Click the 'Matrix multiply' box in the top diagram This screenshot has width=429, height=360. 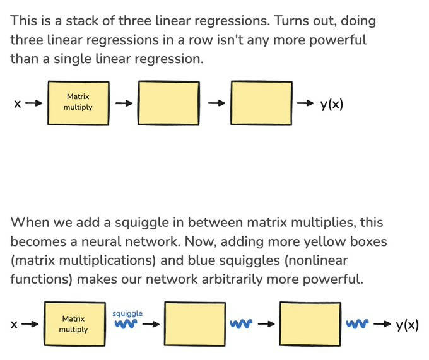[x=78, y=103]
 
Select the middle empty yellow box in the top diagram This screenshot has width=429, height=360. [x=168, y=103]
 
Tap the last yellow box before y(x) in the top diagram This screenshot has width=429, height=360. [x=261, y=103]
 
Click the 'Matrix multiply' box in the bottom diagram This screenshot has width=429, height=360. [x=74, y=324]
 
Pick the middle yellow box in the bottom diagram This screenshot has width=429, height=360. [x=195, y=324]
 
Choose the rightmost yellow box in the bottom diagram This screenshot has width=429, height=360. [x=310, y=324]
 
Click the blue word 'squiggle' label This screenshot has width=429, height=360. [x=127, y=313]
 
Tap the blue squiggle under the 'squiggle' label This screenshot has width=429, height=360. [x=126, y=324]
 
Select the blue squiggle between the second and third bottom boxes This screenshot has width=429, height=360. [x=241, y=324]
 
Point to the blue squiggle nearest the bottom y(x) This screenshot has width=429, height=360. [x=357, y=324]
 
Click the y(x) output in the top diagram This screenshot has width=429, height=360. [x=332, y=104]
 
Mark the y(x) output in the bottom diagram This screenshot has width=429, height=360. [x=407, y=325]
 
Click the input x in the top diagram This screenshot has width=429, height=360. [x=18, y=104]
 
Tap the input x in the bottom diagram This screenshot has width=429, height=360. [x=14, y=325]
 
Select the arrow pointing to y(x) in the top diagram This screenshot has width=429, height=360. [x=305, y=103]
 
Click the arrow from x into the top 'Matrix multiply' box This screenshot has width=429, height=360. [x=34, y=103]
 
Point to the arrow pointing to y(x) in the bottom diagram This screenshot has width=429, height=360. [x=382, y=324]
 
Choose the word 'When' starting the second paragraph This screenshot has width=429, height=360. [x=30, y=222]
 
